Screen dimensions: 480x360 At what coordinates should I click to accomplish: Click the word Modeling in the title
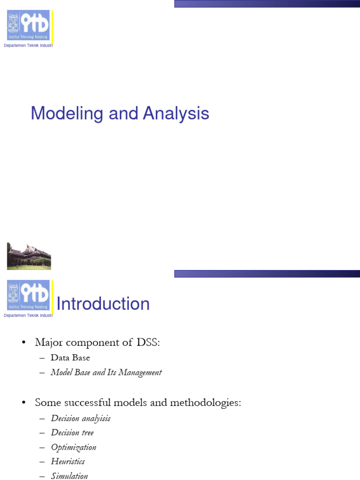tap(62, 114)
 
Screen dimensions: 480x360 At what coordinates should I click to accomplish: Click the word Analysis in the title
tap(176, 114)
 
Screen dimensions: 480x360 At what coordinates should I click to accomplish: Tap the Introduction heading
tap(103, 304)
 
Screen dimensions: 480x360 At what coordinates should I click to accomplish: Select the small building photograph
tap(29, 256)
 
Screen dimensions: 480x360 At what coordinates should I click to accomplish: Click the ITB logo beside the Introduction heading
tap(28, 295)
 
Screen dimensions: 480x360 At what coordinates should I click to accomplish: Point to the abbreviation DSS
tap(148, 343)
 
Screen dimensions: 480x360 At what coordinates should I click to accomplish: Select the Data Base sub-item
tap(70, 358)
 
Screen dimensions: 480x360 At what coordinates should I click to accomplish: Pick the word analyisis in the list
tap(96, 418)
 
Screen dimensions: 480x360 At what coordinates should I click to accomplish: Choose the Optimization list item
tap(74, 447)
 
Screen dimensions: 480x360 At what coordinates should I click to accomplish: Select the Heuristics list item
tap(68, 462)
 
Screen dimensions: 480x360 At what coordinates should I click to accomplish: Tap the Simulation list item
tap(69, 476)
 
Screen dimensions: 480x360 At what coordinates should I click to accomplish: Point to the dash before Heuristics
tap(42, 462)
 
